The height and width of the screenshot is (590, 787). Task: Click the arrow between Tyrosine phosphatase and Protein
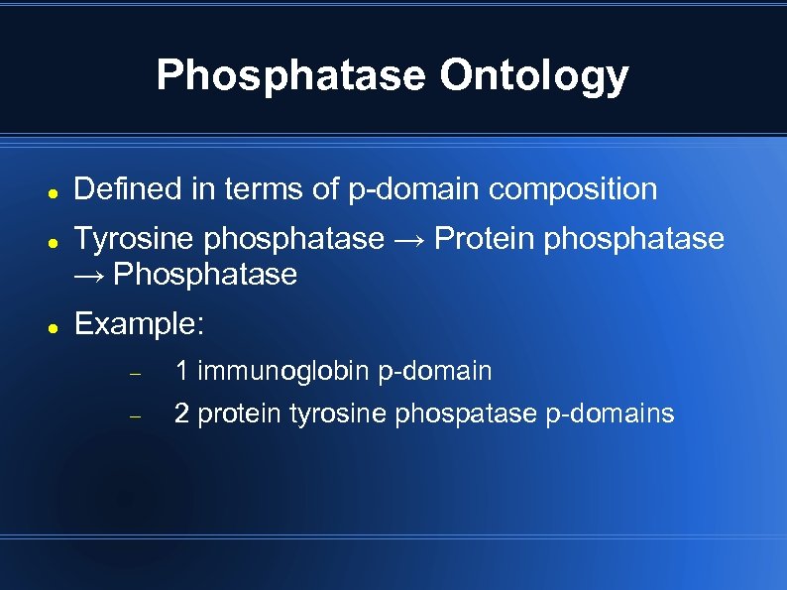409,240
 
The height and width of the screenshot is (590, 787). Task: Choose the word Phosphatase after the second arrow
205,275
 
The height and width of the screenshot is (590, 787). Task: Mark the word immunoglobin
284,372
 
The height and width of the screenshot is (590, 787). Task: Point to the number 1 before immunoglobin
181,372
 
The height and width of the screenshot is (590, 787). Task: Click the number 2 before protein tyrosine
181,414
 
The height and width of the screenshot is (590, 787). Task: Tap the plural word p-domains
610,414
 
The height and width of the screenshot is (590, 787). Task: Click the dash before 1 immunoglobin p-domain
137,374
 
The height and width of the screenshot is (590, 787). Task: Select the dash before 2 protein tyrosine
137,416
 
